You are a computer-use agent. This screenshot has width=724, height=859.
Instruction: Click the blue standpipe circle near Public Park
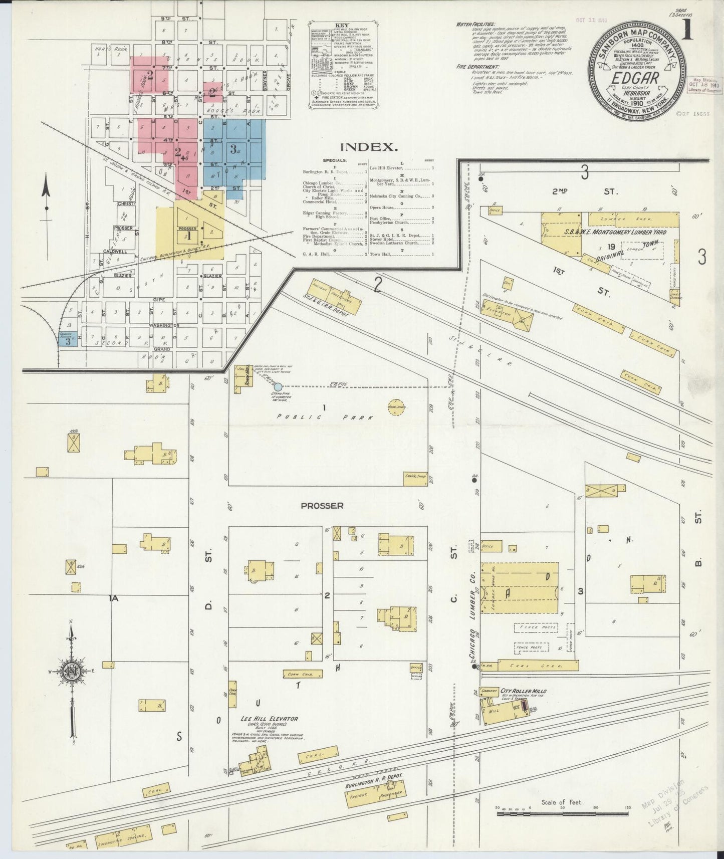278,387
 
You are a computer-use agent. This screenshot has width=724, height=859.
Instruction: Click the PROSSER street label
322,506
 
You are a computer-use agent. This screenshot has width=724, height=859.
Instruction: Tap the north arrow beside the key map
46,195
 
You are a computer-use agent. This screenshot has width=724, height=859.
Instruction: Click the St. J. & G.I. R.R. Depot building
337,296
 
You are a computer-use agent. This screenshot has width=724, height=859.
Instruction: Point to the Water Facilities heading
475,24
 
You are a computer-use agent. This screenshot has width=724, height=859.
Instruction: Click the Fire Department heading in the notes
477,67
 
